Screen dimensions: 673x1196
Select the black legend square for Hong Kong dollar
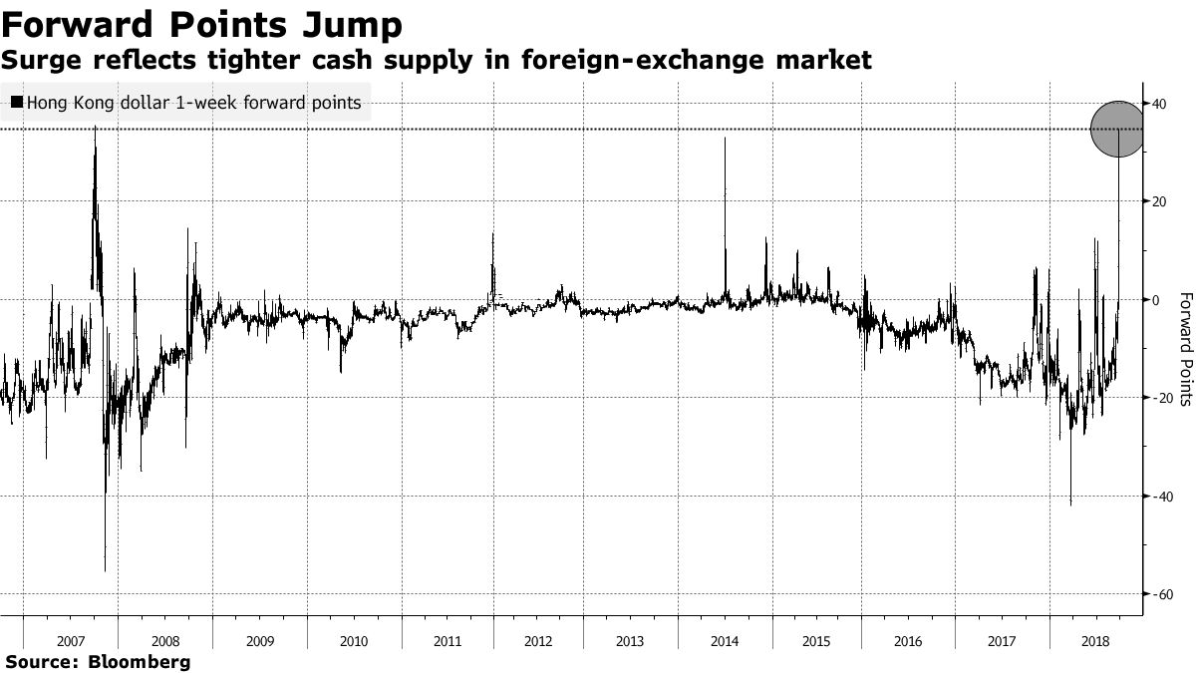(17, 102)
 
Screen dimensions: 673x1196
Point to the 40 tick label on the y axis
(1159, 103)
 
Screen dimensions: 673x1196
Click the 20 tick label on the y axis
(1159, 200)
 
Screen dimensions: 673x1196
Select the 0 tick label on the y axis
(1156, 299)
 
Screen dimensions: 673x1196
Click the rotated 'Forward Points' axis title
(1185, 349)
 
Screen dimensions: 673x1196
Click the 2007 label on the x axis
(70, 641)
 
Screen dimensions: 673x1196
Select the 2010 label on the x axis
(354, 641)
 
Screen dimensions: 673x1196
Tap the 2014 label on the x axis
(725, 641)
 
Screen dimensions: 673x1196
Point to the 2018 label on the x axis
(1095, 641)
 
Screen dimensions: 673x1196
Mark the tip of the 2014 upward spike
(725, 138)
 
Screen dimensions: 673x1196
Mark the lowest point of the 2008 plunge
(105, 571)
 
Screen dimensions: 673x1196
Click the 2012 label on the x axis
(539, 641)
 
